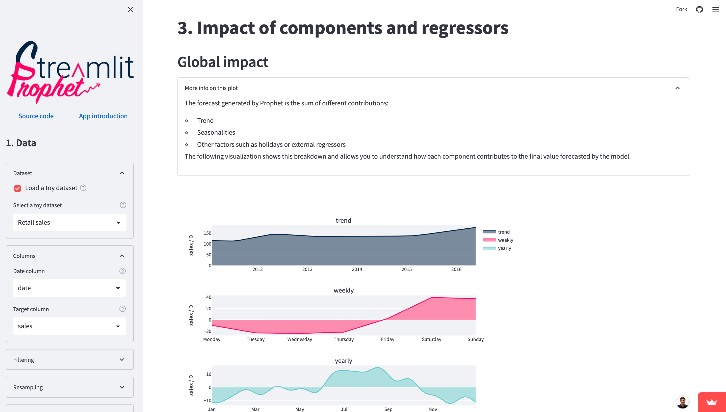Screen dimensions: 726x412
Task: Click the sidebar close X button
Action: point(130,10)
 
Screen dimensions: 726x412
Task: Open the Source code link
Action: point(36,116)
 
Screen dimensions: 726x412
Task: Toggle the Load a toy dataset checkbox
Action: point(18,188)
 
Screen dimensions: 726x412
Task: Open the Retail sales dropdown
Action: point(70,222)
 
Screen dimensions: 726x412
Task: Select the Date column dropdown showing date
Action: point(69,288)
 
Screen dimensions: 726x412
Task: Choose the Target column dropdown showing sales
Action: point(69,326)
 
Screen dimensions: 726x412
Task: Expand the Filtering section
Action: point(70,360)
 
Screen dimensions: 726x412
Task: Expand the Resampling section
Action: point(70,387)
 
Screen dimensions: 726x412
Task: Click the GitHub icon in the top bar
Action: point(699,9)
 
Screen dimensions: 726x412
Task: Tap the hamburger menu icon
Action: point(715,9)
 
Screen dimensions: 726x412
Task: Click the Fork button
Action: point(682,9)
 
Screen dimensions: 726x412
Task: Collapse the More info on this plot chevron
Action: point(678,88)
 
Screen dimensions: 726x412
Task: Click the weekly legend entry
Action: point(498,240)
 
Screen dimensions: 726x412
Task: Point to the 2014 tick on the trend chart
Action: point(357,269)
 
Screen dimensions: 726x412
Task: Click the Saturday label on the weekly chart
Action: point(431,339)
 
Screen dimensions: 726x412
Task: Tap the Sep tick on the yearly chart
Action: point(388,409)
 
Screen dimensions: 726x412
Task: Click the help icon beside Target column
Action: point(122,309)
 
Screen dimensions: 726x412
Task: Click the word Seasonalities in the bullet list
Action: point(216,132)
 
